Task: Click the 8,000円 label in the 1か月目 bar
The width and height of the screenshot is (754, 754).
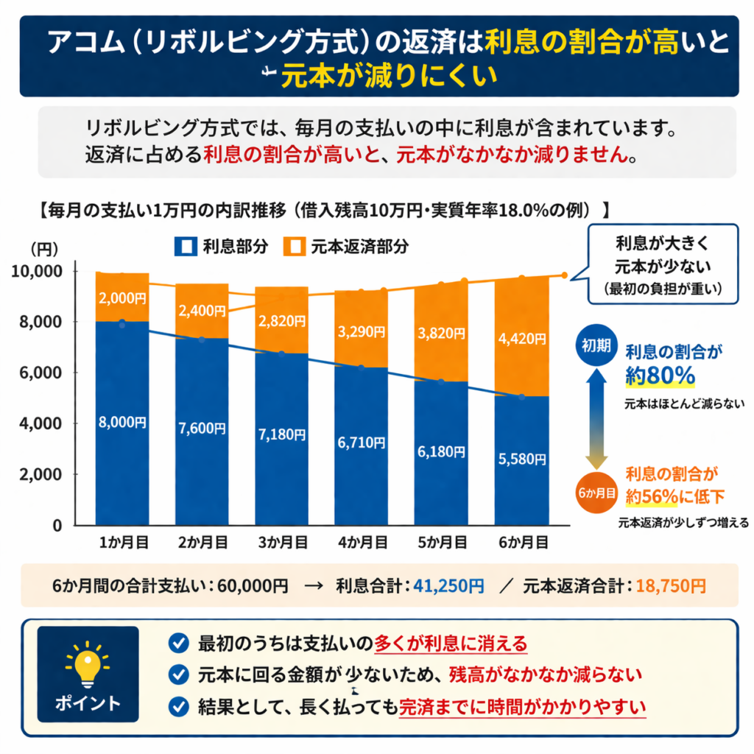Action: click(x=122, y=423)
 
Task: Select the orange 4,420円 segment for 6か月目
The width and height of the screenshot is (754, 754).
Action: click(x=521, y=339)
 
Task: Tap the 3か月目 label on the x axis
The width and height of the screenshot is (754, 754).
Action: click(x=282, y=543)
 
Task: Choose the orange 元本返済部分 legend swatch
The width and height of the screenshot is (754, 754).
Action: click(x=292, y=246)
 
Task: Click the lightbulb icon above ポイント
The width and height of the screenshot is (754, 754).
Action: click(x=88, y=660)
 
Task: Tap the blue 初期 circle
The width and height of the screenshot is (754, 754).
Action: click(x=597, y=346)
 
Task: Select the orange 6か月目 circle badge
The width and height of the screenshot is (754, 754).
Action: click(x=597, y=489)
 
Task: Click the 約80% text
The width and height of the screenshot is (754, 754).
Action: click(x=660, y=376)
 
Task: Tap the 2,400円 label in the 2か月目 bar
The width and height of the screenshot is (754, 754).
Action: click(x=202, y=311)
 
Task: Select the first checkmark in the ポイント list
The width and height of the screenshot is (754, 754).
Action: click(x=177, y=643)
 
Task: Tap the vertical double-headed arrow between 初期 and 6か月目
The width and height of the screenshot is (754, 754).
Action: click(x=597, y=417)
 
